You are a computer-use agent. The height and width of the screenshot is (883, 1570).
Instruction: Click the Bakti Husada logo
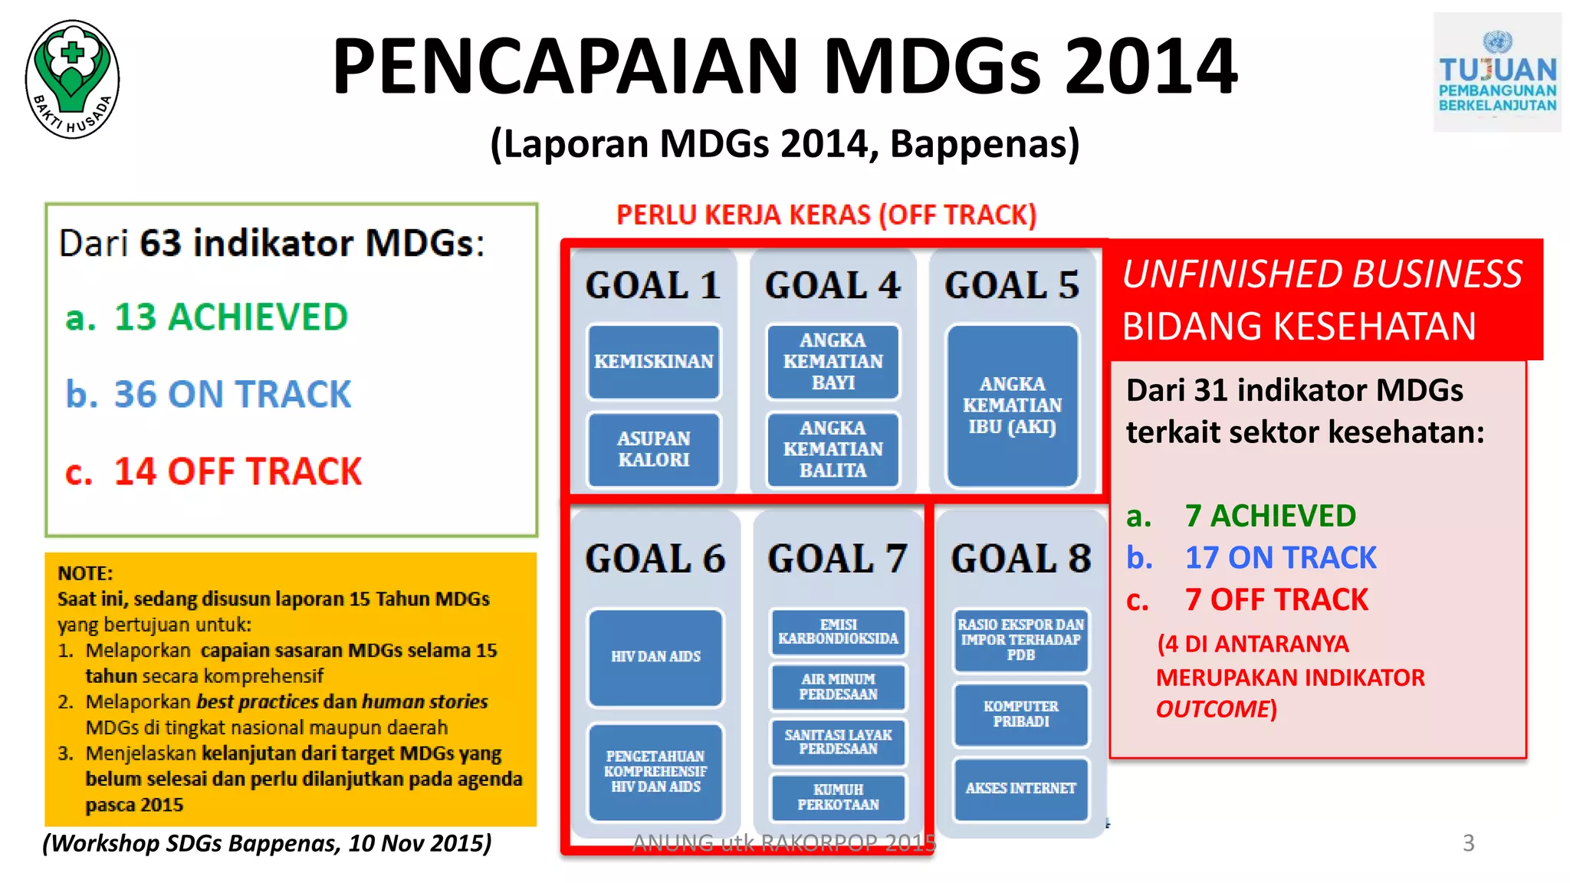pyautogui.click(x=73, y=79)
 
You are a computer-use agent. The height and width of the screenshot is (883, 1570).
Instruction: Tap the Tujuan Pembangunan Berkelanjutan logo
pyautogui.click(x=1496, y=73)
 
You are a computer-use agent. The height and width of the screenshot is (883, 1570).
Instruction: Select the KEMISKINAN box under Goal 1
pyautogui.click(x=654, y=361)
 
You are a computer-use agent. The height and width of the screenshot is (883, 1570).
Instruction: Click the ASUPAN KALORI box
pyautogui.click(x=654, y=449)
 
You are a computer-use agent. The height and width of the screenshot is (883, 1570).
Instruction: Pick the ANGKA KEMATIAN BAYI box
pyautogui.click(x=833, y=361)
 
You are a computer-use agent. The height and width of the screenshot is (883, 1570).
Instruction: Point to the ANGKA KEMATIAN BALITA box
pyautogui.click(x=833, y=449)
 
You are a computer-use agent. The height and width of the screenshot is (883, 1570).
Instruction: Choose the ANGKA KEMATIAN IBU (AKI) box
pyautogui.click(x=1012, y=405)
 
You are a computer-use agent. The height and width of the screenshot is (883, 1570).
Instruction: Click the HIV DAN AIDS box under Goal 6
pyautogui.click(x=655, y=657)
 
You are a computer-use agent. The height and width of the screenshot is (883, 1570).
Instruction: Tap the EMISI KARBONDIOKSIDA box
pyautogui.click(x=838, y=632)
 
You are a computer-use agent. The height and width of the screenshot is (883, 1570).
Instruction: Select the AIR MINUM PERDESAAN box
pyautogui.click(x=838, y=687)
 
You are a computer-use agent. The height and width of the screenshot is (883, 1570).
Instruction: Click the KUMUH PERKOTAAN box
pyautogui.click(x=838, y=797)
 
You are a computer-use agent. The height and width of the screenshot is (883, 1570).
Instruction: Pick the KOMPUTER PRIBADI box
pyautogui.click(x=1020, y=714)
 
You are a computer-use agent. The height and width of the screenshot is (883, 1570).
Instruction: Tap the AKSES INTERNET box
pyautogui.click(x=1020, y=789)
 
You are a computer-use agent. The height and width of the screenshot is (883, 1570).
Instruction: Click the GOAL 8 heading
pyautogui.click(x=1020, y=559)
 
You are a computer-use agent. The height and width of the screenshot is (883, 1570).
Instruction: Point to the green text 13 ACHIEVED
pyautogui.click(x=230, y=317)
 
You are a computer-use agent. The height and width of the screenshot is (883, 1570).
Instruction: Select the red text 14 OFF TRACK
pyautogui.click(x=237, y=471)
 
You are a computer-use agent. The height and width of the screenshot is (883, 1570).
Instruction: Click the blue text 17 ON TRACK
pyautogui.click(x=1280, y=558)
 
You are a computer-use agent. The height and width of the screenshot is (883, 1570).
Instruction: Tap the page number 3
pyautogui.click(x=1468, y=843)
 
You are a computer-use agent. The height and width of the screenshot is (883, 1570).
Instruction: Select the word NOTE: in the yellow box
pyautogui.click(x=85, y=573)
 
